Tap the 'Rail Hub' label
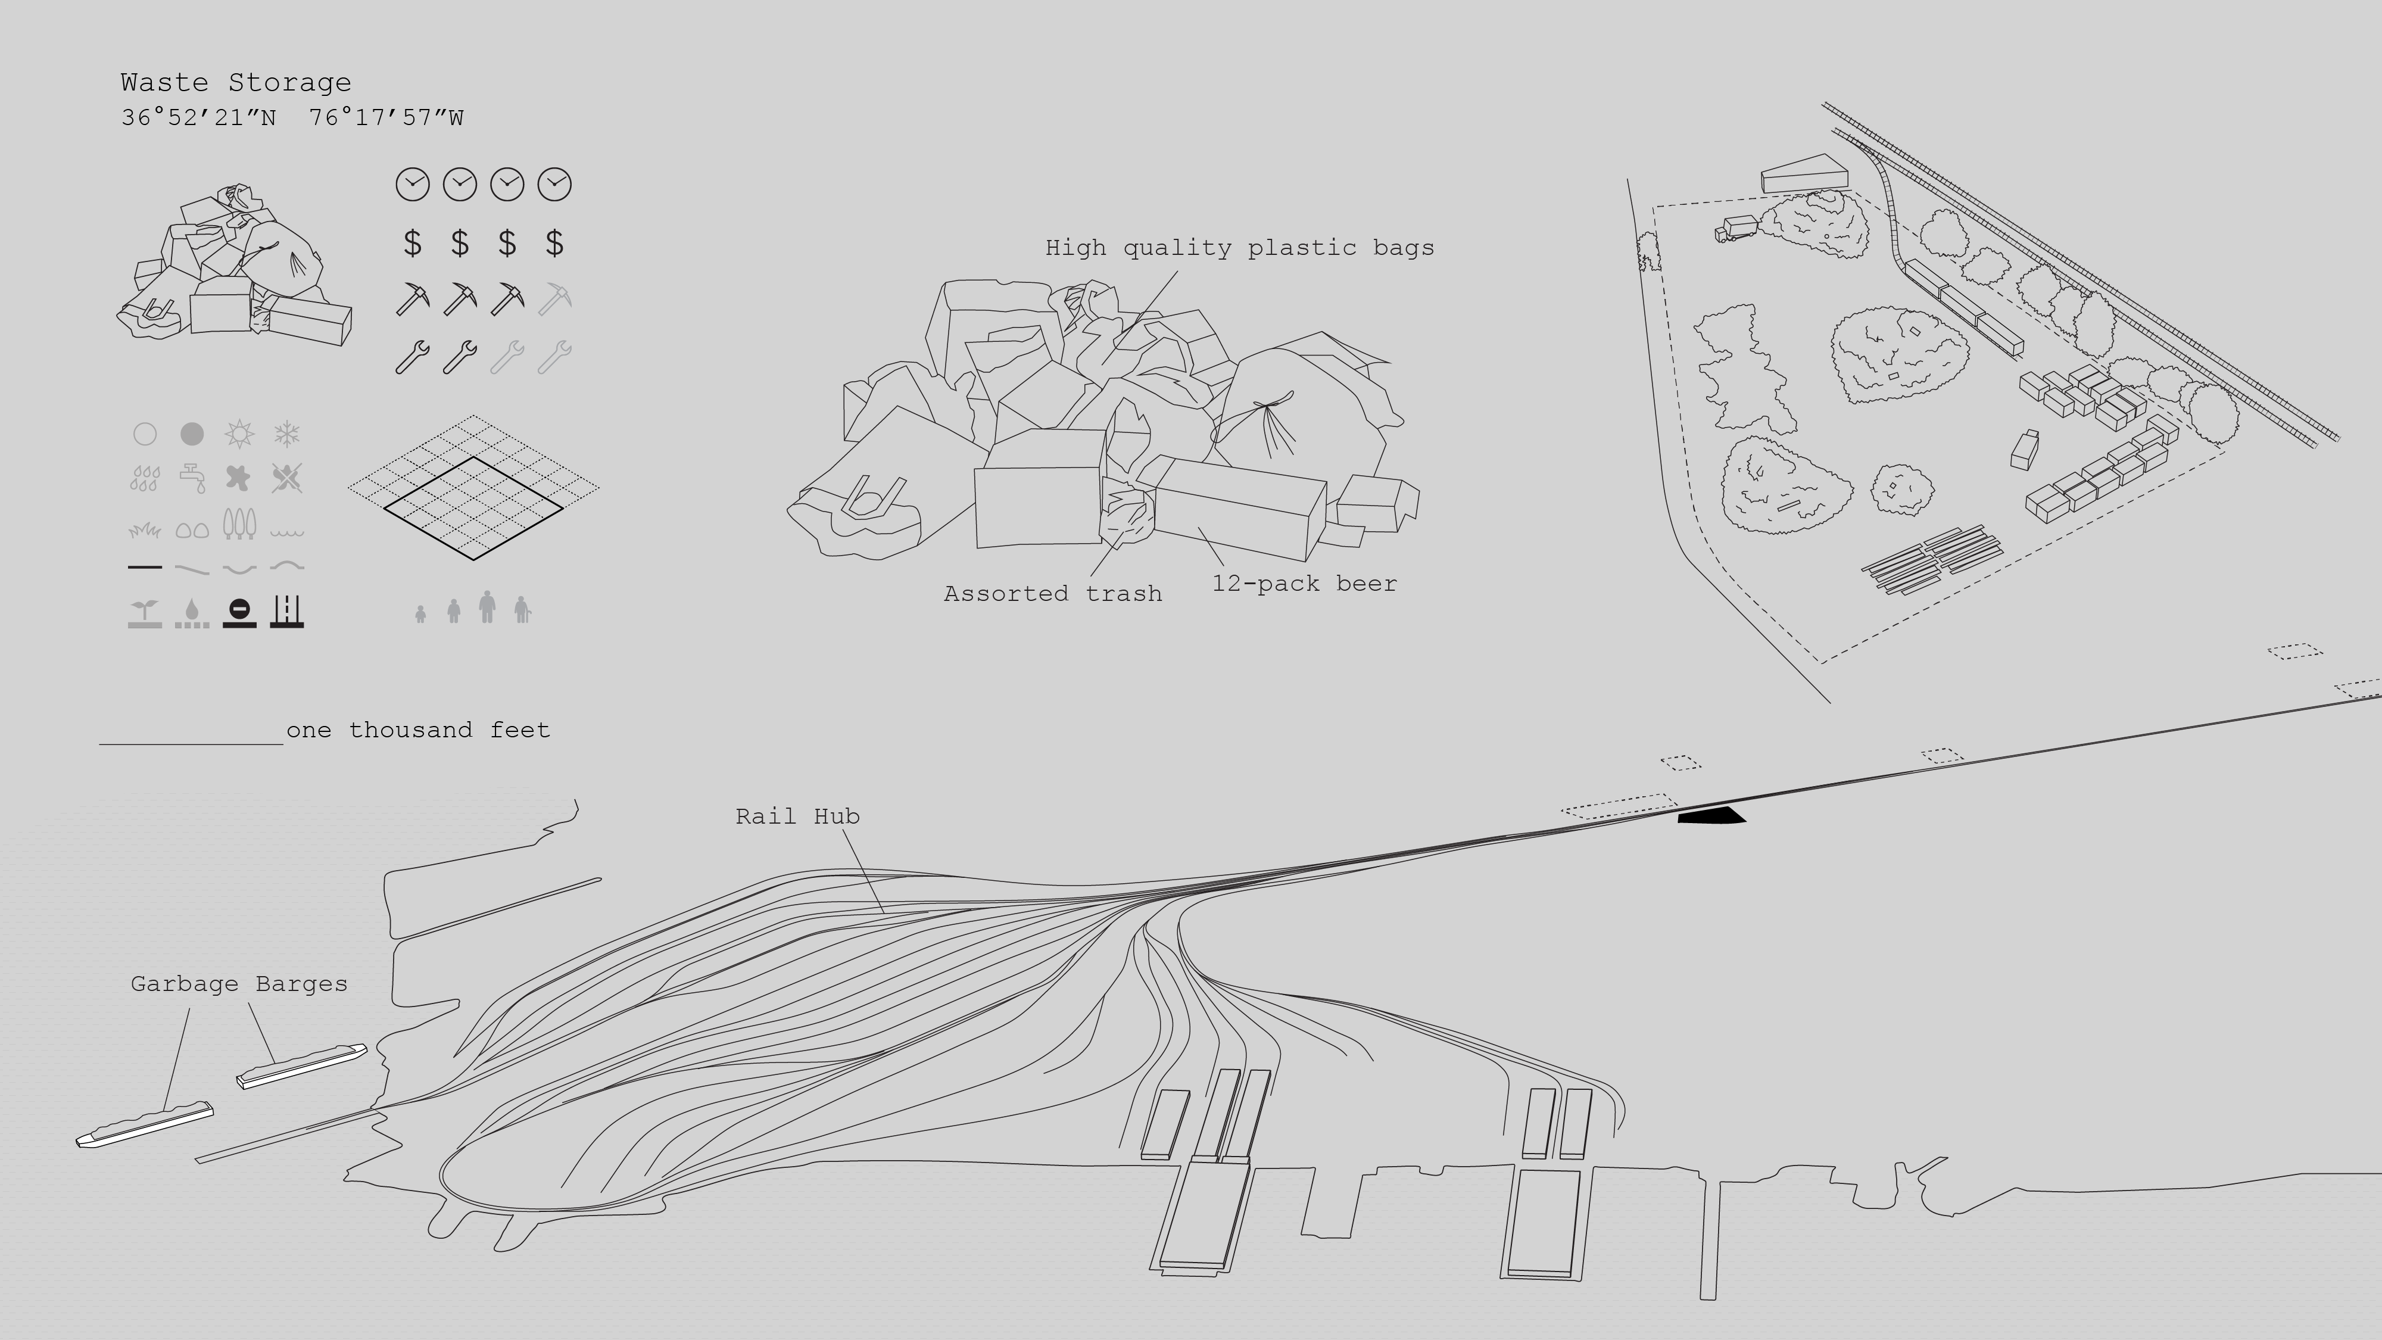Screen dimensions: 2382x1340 point(797,817)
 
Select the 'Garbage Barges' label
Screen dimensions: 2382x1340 point(239,984)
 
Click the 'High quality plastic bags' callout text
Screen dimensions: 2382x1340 point(1239,248)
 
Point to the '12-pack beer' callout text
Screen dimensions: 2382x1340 point(1304,584)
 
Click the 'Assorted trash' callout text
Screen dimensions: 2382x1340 point(1052,594)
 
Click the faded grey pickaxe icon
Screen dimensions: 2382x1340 point(555,300)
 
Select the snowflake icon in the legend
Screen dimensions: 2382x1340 point(286,434)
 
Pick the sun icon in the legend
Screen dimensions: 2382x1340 point(239,434)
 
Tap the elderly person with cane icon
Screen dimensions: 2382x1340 point(522,609)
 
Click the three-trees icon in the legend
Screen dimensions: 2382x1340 point(239,523)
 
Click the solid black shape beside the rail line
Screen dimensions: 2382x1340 point(1711,816)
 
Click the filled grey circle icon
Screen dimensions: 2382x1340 point(191,434)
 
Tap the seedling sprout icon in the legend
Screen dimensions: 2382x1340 point(144,612)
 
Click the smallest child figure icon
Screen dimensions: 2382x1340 point(421,614)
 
